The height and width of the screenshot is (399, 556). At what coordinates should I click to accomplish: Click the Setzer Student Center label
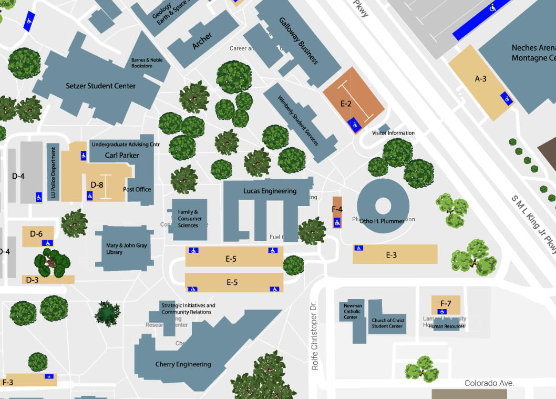pos(100,86)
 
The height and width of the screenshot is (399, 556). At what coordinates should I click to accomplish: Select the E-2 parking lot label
pos(345,104)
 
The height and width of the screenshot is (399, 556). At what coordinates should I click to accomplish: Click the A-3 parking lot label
pos(480,79)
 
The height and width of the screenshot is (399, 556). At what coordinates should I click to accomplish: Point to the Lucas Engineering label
pos(270,191)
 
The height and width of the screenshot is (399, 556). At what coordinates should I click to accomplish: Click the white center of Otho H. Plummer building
pos(383,205)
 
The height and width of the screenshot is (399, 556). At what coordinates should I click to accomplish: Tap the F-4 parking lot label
pos(337,209)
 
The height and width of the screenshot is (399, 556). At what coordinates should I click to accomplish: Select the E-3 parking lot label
pos(391,255)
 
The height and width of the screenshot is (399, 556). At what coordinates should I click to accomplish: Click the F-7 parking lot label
pos(446,303)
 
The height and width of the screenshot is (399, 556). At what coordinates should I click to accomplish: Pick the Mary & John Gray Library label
pos(127,249)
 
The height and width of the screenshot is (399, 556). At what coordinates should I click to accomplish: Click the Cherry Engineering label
pos(183,364)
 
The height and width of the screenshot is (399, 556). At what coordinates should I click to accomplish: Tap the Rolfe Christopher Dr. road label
pos(315,335)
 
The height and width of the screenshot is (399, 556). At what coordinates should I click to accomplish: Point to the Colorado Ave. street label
pos(489,383)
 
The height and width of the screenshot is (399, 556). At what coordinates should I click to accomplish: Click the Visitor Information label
pos(393,133)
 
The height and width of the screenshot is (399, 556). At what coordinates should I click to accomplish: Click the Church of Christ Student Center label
pos(387,323)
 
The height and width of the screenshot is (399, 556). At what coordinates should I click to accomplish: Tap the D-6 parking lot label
pos(36,233)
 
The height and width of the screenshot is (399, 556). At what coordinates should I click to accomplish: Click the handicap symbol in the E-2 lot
pos(355,125)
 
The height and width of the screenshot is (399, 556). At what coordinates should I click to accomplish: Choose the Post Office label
pos(137,189)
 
